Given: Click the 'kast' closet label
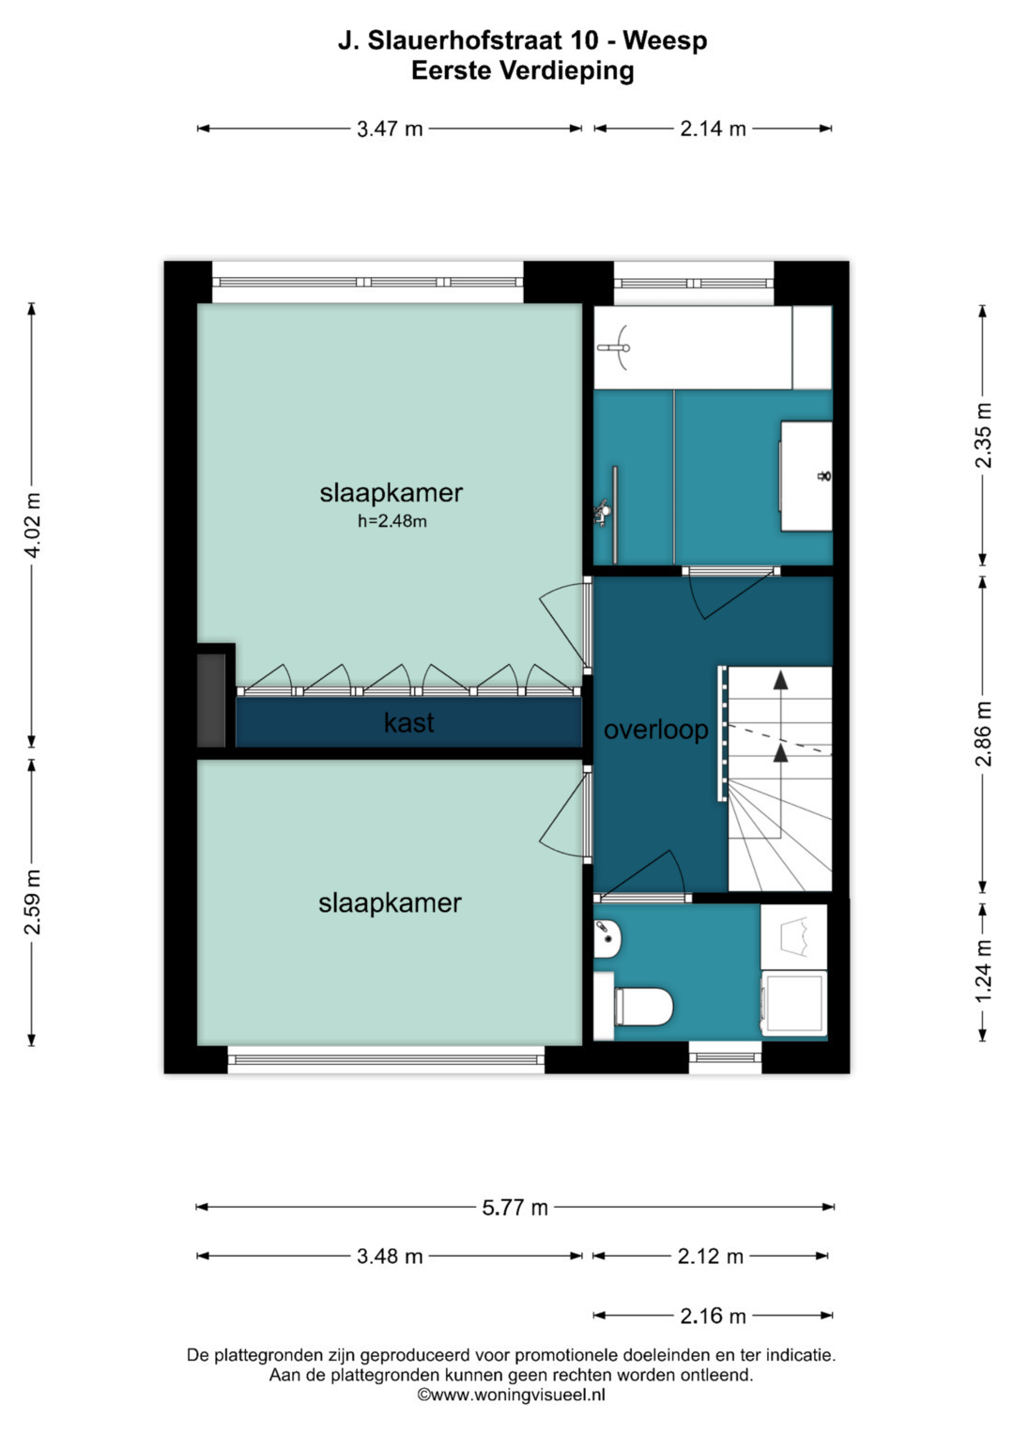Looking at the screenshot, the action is click(x=408, y=723).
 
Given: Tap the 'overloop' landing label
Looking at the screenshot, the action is click(x=655, y=730).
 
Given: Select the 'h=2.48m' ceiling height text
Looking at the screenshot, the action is click(x=392, y=522).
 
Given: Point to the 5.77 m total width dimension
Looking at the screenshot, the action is click(x=515, y=1208).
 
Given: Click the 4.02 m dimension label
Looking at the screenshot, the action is click(x=33, y=526).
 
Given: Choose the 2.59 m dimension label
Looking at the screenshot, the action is click(x=33, y=902).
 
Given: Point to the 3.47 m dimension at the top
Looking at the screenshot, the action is click(x=390, y=130).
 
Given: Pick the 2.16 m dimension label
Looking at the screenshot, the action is click(x=713, y=1317).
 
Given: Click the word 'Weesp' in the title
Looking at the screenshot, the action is click(x=665, y=40).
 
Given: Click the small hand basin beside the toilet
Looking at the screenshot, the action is click(x=607, y=938).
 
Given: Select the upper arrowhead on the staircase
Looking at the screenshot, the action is click(x=779, y=679).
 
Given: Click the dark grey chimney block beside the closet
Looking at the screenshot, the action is click(x=210, y=700).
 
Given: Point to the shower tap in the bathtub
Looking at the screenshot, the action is click(x=614, y=347).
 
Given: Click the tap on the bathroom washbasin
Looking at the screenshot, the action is click(x=824, y=476).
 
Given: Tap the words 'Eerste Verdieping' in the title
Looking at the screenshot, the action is click(x=522, y=71).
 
